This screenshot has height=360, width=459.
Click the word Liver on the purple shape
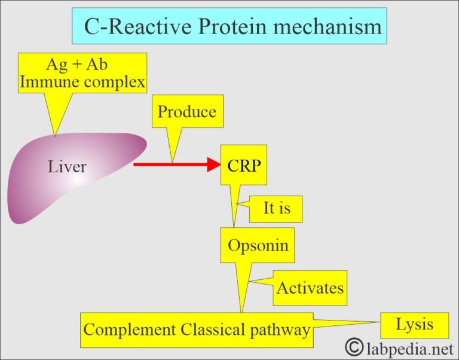[x=67, y=167]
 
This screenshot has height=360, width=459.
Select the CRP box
[x=244, y=165]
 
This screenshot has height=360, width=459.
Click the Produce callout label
[x=186, y=112]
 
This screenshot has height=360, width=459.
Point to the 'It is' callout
[x=277, y=209]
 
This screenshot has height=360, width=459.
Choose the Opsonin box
[x=258, y=245]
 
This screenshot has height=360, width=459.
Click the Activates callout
[x=310, y=288]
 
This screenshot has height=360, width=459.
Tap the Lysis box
[x=414, y=325]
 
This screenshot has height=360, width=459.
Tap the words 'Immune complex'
[x=82, y=83]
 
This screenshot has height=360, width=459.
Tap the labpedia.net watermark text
[x=407, y=347]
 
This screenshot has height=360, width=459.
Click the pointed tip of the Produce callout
[x=172, y=161]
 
